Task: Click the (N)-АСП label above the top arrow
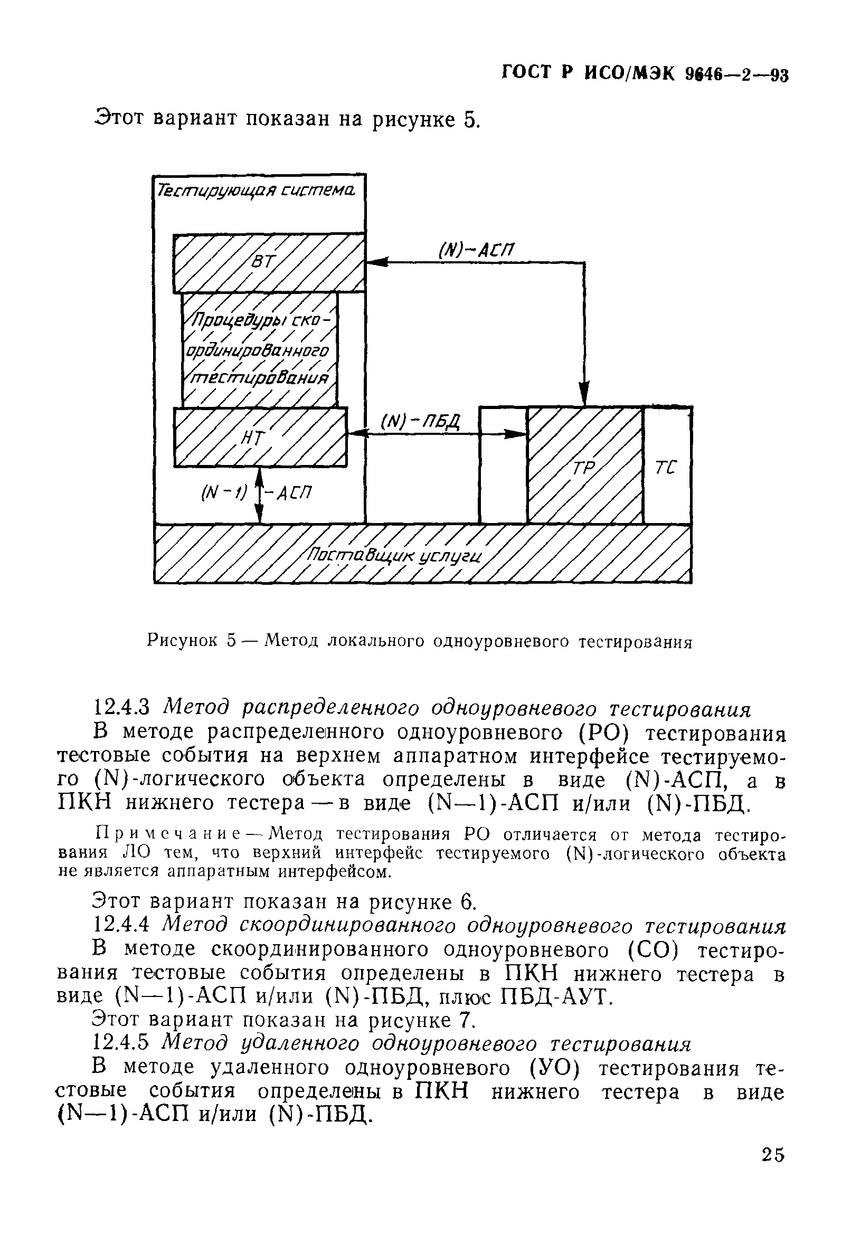[476, 250]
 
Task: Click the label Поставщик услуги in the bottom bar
[394, 555]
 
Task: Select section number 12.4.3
[125, 707]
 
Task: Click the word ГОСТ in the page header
[530, 73]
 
